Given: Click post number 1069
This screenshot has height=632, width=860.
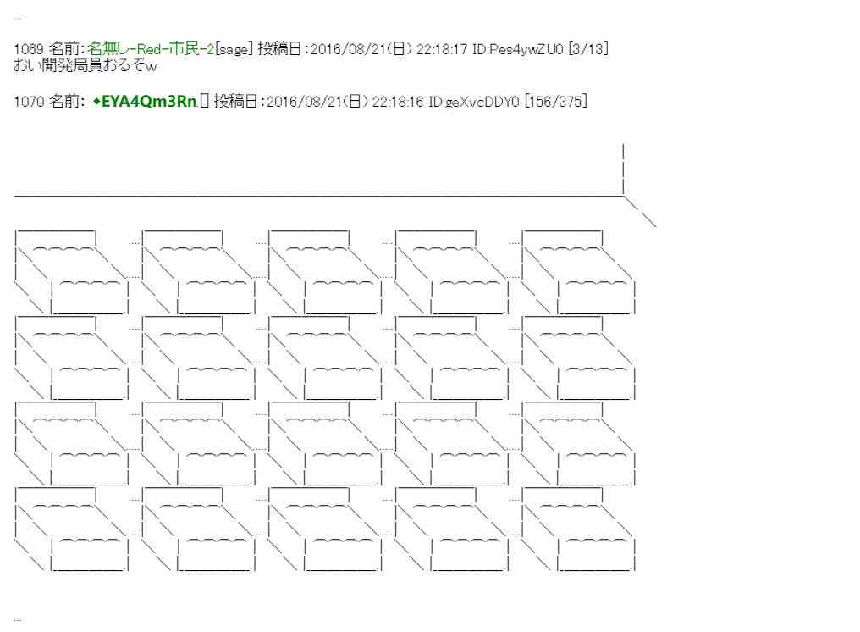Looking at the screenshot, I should (x=29, y=50).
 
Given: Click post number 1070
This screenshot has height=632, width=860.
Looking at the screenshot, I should (x=29, y=103).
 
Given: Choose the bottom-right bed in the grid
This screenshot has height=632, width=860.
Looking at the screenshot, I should (x=578, y=530).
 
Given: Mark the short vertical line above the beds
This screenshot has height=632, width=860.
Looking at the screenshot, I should (x=623, y=169).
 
